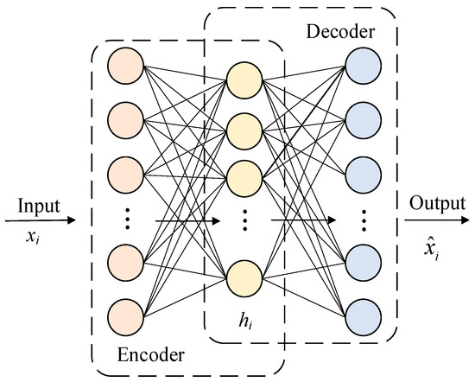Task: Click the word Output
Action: (x=437, y=205)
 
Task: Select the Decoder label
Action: (x=339, y=32)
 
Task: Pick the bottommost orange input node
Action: (x=126, y=317)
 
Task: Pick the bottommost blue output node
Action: (x=363, y=317)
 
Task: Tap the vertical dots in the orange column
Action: (x=126, y=219)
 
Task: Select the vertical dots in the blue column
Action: (x=363, y=219)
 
